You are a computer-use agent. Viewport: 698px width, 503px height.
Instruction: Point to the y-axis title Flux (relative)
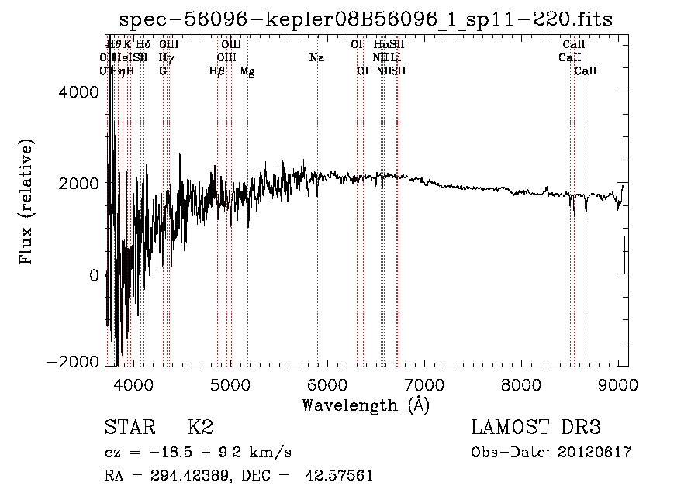pyautogui.click(x=27, y=203)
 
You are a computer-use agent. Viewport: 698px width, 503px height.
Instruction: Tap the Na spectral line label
pyautogui.click(x=316, y=58)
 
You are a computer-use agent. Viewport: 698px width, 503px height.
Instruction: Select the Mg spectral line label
pyautogui.click(x=247, y=71)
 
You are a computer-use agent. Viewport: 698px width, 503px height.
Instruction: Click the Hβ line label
pyautogui.click(x=217, y=71)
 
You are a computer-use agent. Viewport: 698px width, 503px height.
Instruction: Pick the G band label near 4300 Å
pyautogui.click(x=163, y=71)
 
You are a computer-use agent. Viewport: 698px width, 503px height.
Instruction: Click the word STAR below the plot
pyautogui.click(x=129, y=428)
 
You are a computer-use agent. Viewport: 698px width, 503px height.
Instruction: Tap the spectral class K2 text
pyautogui.click(x=200, y=428)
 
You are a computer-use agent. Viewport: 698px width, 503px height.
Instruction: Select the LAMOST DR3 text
pyautogui.click(x=536, y=428)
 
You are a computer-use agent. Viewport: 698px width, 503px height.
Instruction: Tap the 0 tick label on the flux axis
pyautogui.click(x=94, y=274)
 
